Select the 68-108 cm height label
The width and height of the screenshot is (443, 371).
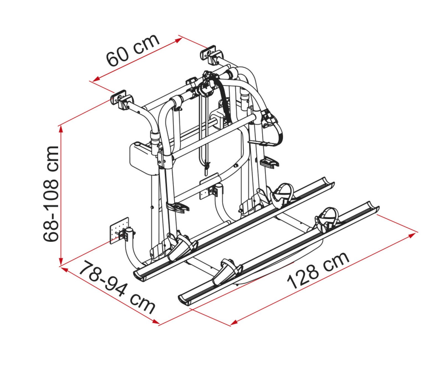51,194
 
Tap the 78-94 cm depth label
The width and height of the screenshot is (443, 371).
116,286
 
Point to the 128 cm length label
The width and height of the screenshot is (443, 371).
318,270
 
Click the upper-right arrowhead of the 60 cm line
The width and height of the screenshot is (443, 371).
179,40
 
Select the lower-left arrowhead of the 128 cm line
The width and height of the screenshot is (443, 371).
234,322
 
